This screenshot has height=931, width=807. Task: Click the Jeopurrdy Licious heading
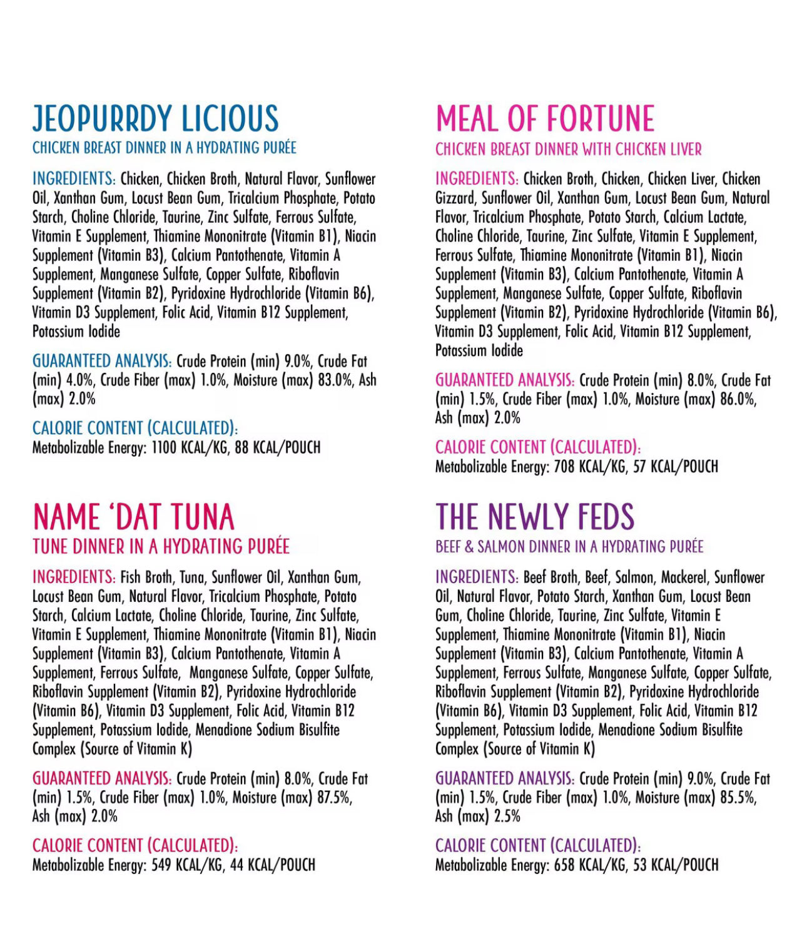coord(155,119)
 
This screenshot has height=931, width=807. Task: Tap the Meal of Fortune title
coord(545,119)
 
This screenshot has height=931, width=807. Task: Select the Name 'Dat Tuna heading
coord(133,517)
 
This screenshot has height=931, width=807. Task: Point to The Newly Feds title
coord(535,517)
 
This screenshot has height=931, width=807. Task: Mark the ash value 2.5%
coord(507,817)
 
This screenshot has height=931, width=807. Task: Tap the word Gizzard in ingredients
coord(455,198)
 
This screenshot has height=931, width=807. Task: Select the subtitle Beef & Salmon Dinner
coord(569,547)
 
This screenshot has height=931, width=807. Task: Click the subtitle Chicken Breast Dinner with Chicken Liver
coord(568,150)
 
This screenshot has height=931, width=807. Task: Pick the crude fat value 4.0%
coord(79,380)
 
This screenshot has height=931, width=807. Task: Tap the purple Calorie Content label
coord(537,846)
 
